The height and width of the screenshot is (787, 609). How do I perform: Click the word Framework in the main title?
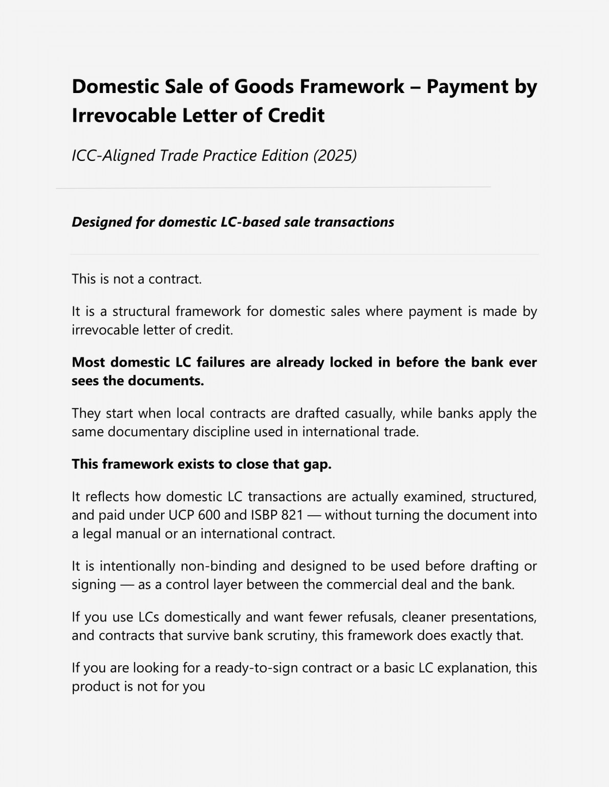click(x=352, y=86)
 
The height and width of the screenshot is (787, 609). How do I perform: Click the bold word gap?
click(x=317, y=464)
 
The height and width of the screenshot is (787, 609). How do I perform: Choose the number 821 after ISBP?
click(x=292, y=515)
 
